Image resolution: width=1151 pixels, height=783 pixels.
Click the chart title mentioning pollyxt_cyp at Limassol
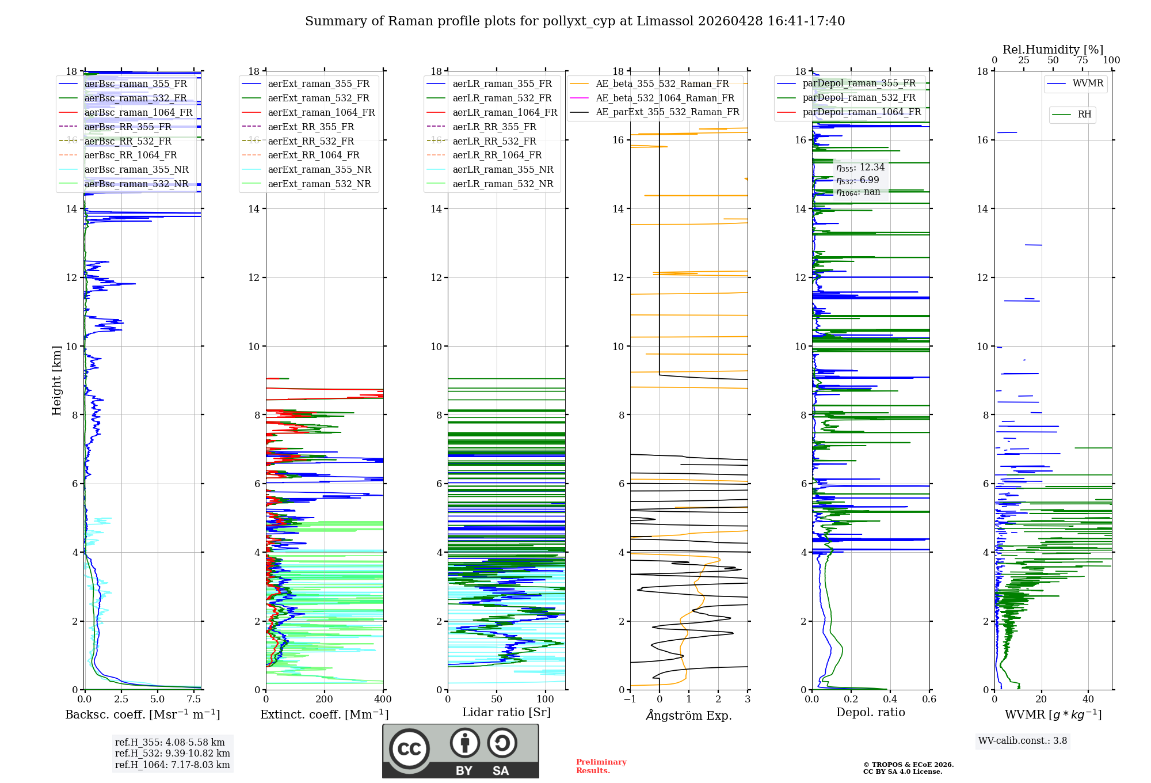575,21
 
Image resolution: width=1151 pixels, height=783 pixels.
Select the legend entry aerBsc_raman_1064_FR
138,112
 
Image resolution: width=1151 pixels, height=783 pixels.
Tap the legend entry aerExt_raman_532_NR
319,184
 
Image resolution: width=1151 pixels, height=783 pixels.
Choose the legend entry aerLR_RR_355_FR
494,127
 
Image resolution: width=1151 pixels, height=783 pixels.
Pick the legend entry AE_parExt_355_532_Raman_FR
667,112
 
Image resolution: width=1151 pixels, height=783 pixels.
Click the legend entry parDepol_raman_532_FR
859,97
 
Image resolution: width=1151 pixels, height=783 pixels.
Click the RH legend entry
1084,115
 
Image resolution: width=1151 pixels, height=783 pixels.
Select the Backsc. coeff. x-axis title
143,714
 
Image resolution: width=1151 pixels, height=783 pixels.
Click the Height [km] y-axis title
56,380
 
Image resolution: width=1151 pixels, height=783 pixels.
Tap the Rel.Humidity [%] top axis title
1053,50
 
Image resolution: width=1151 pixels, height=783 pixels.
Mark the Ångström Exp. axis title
689,715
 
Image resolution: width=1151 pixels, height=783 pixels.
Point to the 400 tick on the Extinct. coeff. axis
383,700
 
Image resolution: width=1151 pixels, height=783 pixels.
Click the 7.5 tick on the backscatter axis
194,700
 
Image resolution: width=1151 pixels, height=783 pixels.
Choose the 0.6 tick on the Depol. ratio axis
929,700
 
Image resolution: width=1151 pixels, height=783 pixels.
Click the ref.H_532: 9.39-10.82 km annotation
172,753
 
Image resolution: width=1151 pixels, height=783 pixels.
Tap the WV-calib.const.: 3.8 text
1023,741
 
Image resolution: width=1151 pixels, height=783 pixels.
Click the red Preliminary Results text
601,766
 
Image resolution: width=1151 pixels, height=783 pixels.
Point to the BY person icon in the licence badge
464,744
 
